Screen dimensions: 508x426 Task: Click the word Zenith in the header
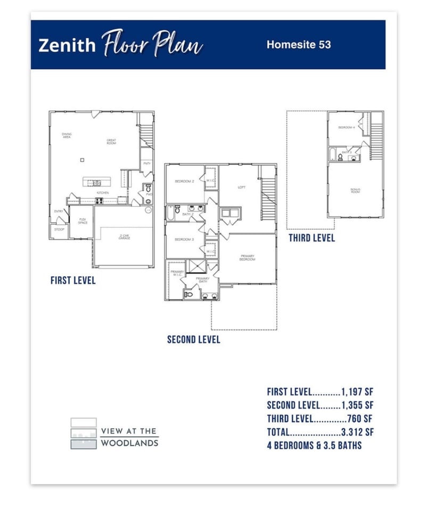click(67, 45)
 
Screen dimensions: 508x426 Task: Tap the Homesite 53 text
click(299, 45)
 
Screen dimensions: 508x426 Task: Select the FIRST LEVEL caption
click(73, 280)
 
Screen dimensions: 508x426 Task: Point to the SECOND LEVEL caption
click(193, 339)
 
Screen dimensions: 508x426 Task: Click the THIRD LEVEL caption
click(312, 238)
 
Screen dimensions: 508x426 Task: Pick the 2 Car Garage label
click(124, 237)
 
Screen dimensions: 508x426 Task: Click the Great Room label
click(111, 142)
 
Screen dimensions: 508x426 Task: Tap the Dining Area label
click(67, 135)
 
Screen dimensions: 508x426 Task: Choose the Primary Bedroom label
click(247, 257)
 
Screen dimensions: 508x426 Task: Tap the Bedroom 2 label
click(184, 182)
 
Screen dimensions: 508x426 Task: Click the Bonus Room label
click(355, 190)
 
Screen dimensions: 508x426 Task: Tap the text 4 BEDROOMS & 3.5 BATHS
click(314, 445)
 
